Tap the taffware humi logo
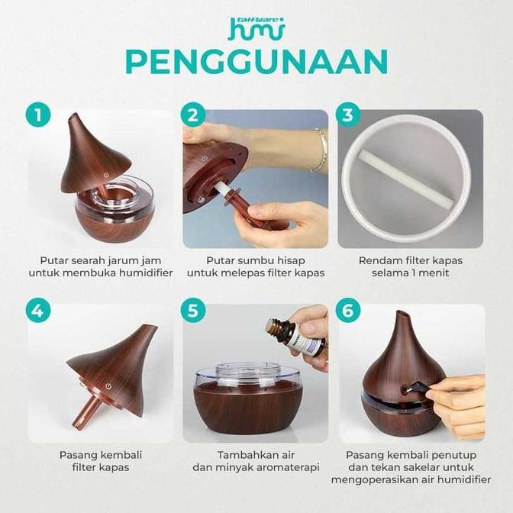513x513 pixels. (x=257, y=26)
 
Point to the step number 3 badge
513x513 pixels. (x=349, y=116)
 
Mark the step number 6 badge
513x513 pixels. (x=349, y=311)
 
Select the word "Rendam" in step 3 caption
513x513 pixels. (x=379, y=260)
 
